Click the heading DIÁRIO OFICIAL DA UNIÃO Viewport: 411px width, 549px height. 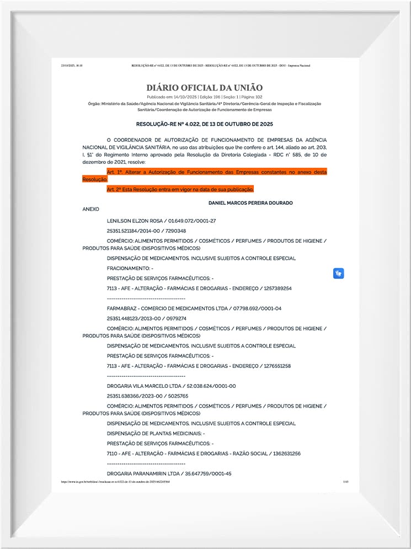tap(204, 88)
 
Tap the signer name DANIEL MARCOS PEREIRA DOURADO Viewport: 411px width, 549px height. tap(250, 203)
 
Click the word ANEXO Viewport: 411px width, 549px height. tap(90, 210)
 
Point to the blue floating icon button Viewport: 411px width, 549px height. tap(338, 273)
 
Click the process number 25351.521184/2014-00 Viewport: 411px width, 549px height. tap(131, 231)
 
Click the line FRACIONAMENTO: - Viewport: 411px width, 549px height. tap(130, 268)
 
